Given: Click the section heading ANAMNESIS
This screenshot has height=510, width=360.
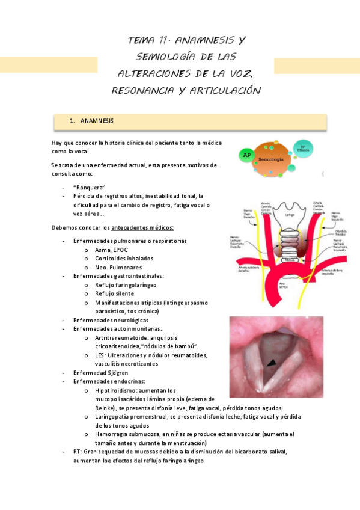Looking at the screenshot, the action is [96, 121].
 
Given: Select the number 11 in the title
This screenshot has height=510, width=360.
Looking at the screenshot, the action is [159, 40].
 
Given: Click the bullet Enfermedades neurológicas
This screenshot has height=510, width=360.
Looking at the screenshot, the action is [111, 320].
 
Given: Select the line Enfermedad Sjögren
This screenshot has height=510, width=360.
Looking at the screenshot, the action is [101, 373].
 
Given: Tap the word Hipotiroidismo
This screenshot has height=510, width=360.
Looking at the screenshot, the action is [118, 390].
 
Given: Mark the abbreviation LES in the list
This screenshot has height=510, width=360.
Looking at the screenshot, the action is [100, 355].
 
